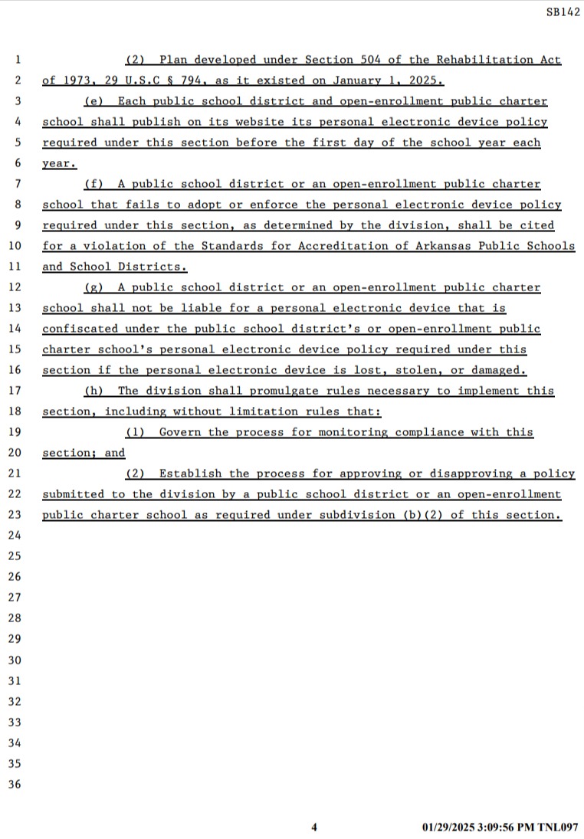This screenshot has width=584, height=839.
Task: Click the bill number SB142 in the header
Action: (563, 13)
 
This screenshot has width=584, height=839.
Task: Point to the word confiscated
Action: (80, 329)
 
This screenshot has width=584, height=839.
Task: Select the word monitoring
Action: (353, 432)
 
